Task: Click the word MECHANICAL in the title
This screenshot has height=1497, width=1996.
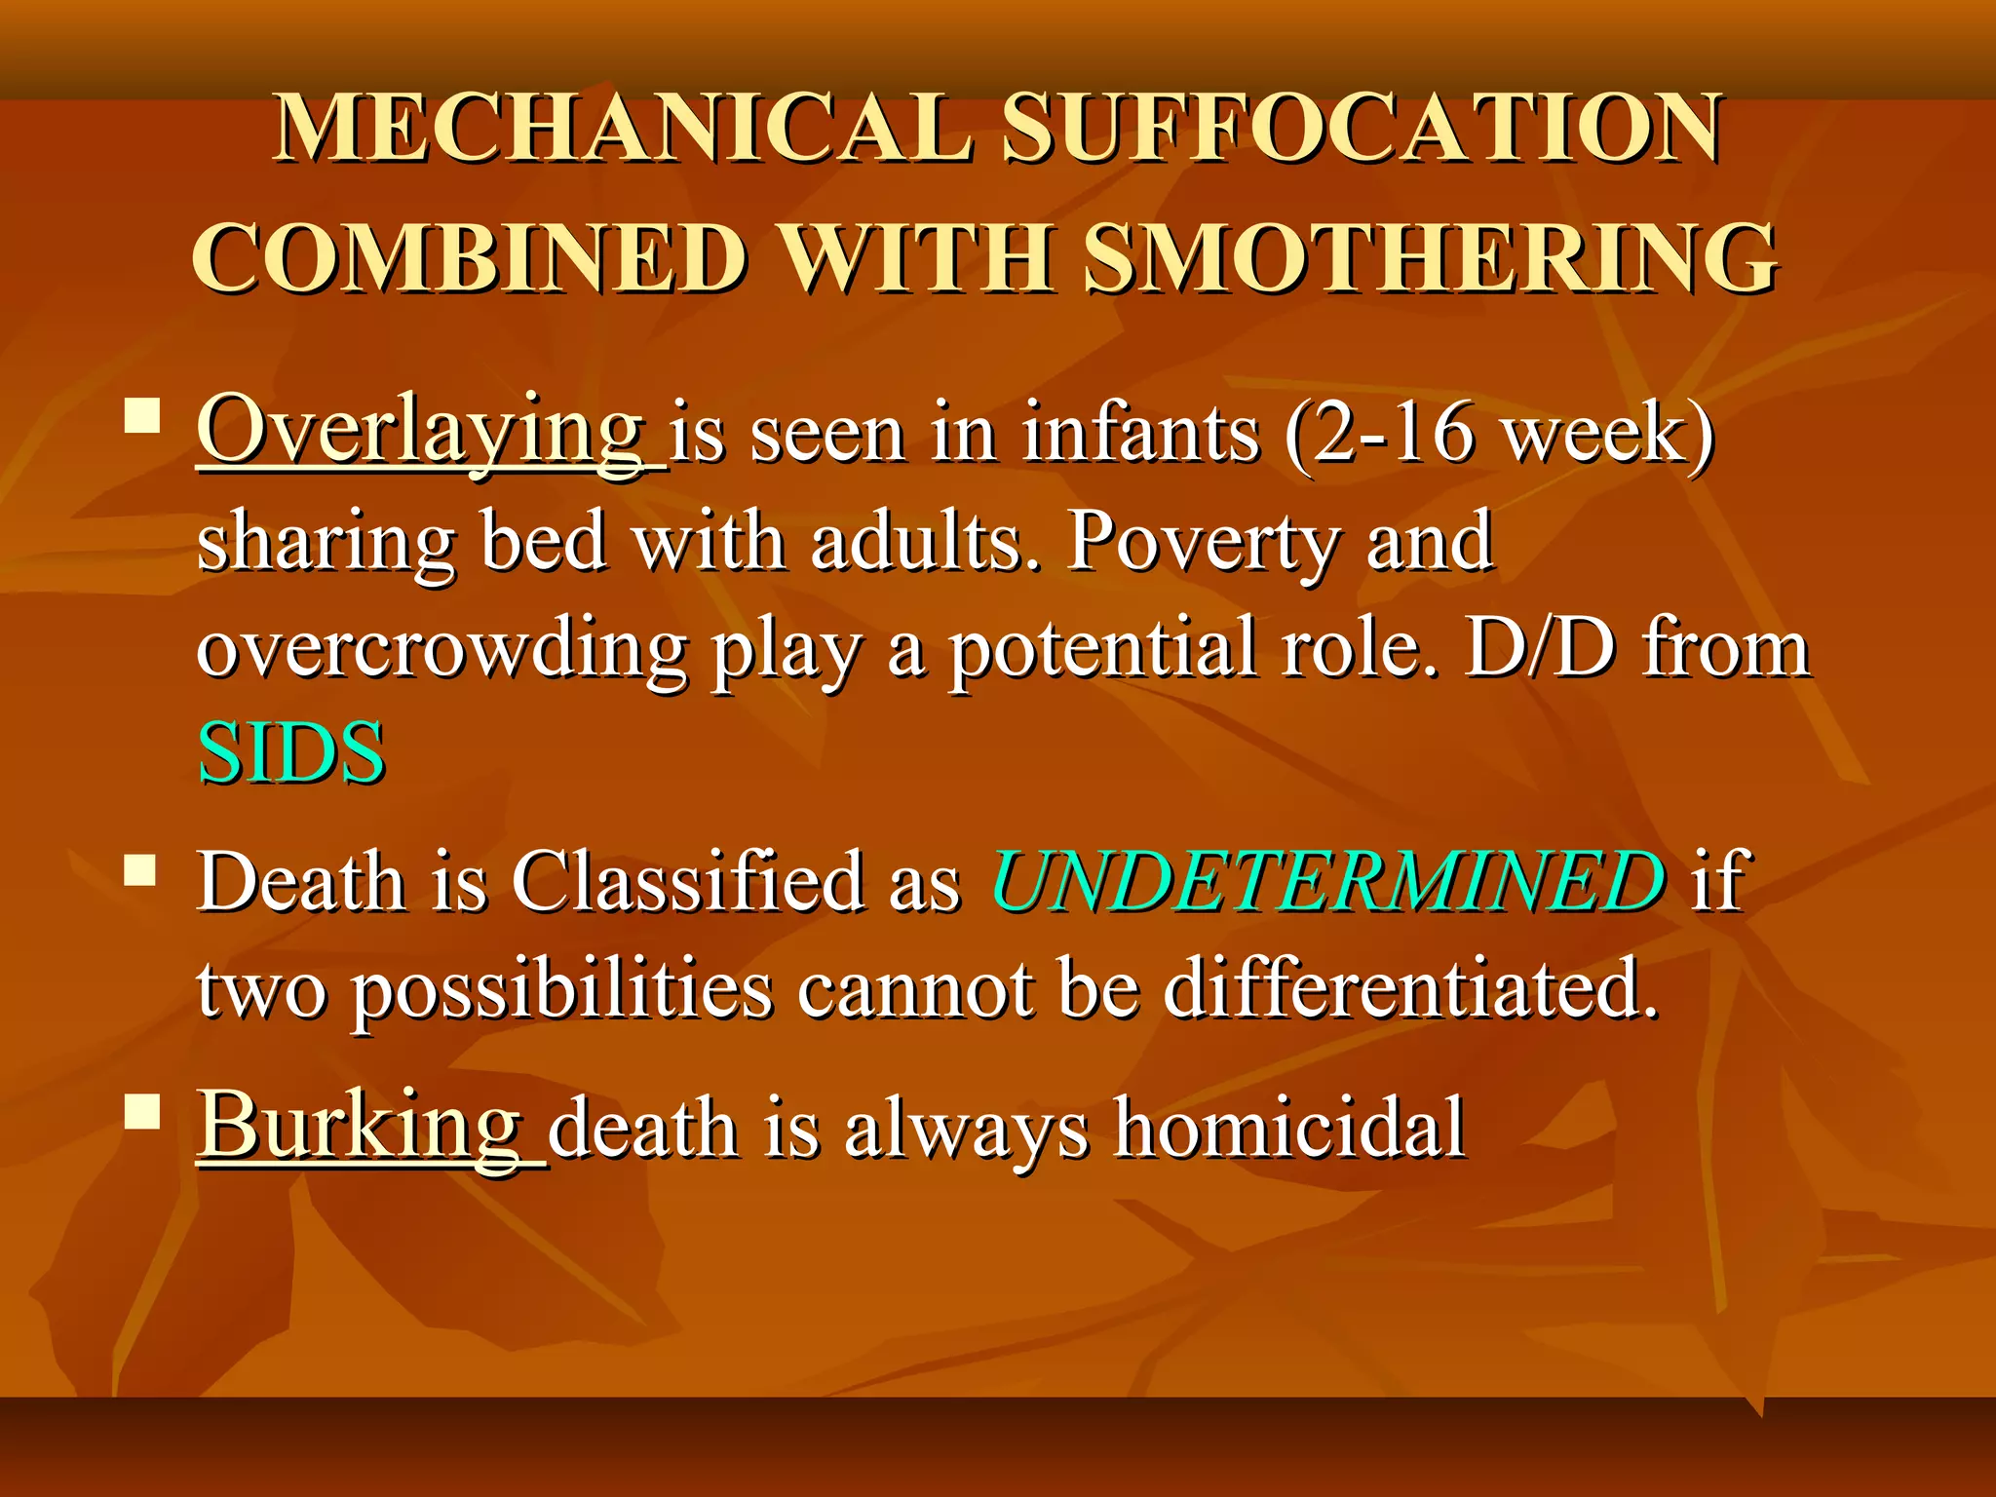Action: point(624,129)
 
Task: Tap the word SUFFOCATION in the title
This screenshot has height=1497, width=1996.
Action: point(1362,129)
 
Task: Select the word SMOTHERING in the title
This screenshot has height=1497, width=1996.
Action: point(1431,258)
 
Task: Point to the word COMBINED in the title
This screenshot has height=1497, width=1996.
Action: point(471,258)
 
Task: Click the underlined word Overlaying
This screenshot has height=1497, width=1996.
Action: point(421,432)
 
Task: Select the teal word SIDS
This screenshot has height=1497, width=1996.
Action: point(291,753)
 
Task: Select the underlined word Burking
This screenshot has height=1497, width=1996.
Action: point(360,1126)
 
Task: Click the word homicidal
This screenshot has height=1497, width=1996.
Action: point(1289,1128)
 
